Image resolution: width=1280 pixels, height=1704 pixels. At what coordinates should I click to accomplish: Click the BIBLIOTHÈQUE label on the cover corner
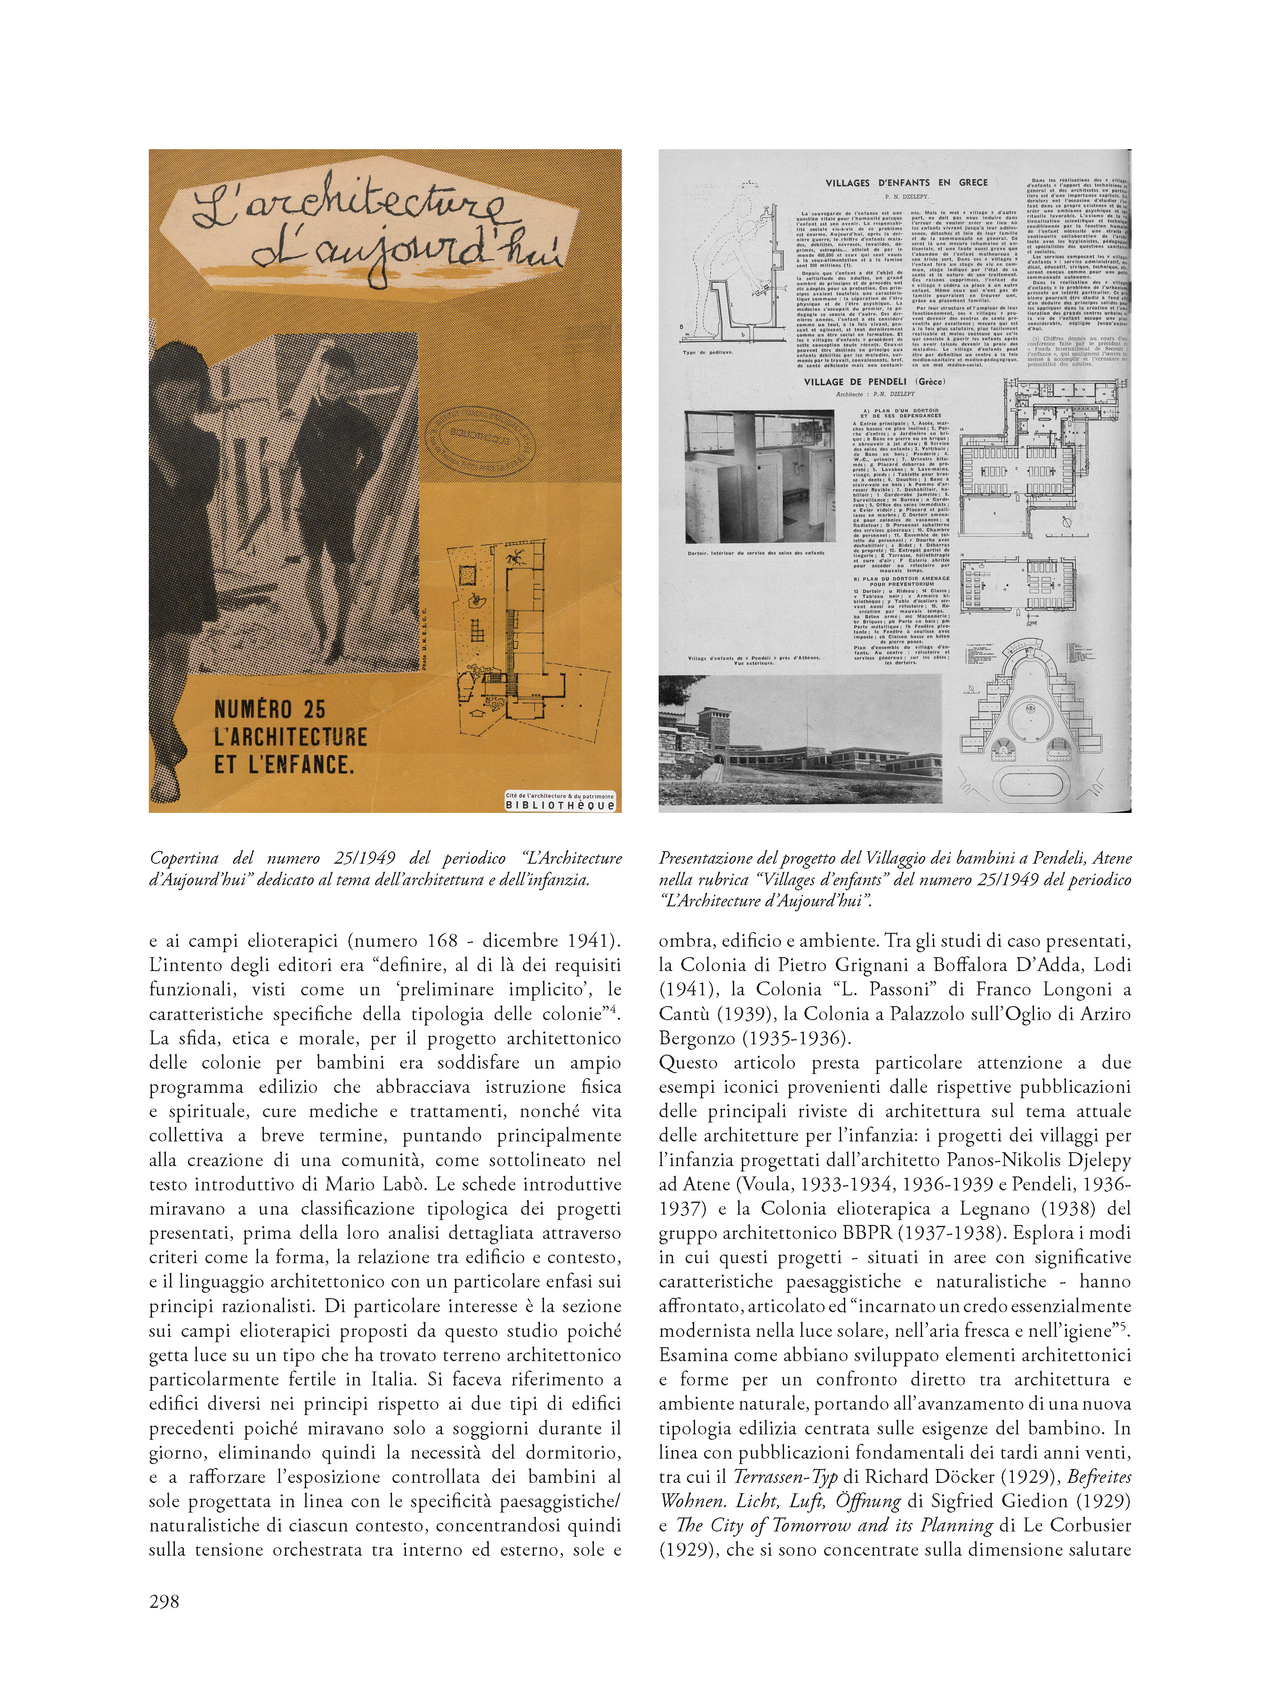coord(560,805)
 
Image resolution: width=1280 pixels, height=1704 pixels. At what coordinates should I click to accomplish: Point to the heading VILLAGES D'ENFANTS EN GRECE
coord(906,182)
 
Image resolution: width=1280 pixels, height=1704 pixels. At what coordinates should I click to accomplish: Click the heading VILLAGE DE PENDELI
coord(874,382)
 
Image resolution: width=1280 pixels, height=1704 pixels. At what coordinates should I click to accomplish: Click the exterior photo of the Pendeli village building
coord(800,740)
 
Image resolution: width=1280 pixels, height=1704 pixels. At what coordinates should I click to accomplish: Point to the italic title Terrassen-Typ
coord(785,1477)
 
